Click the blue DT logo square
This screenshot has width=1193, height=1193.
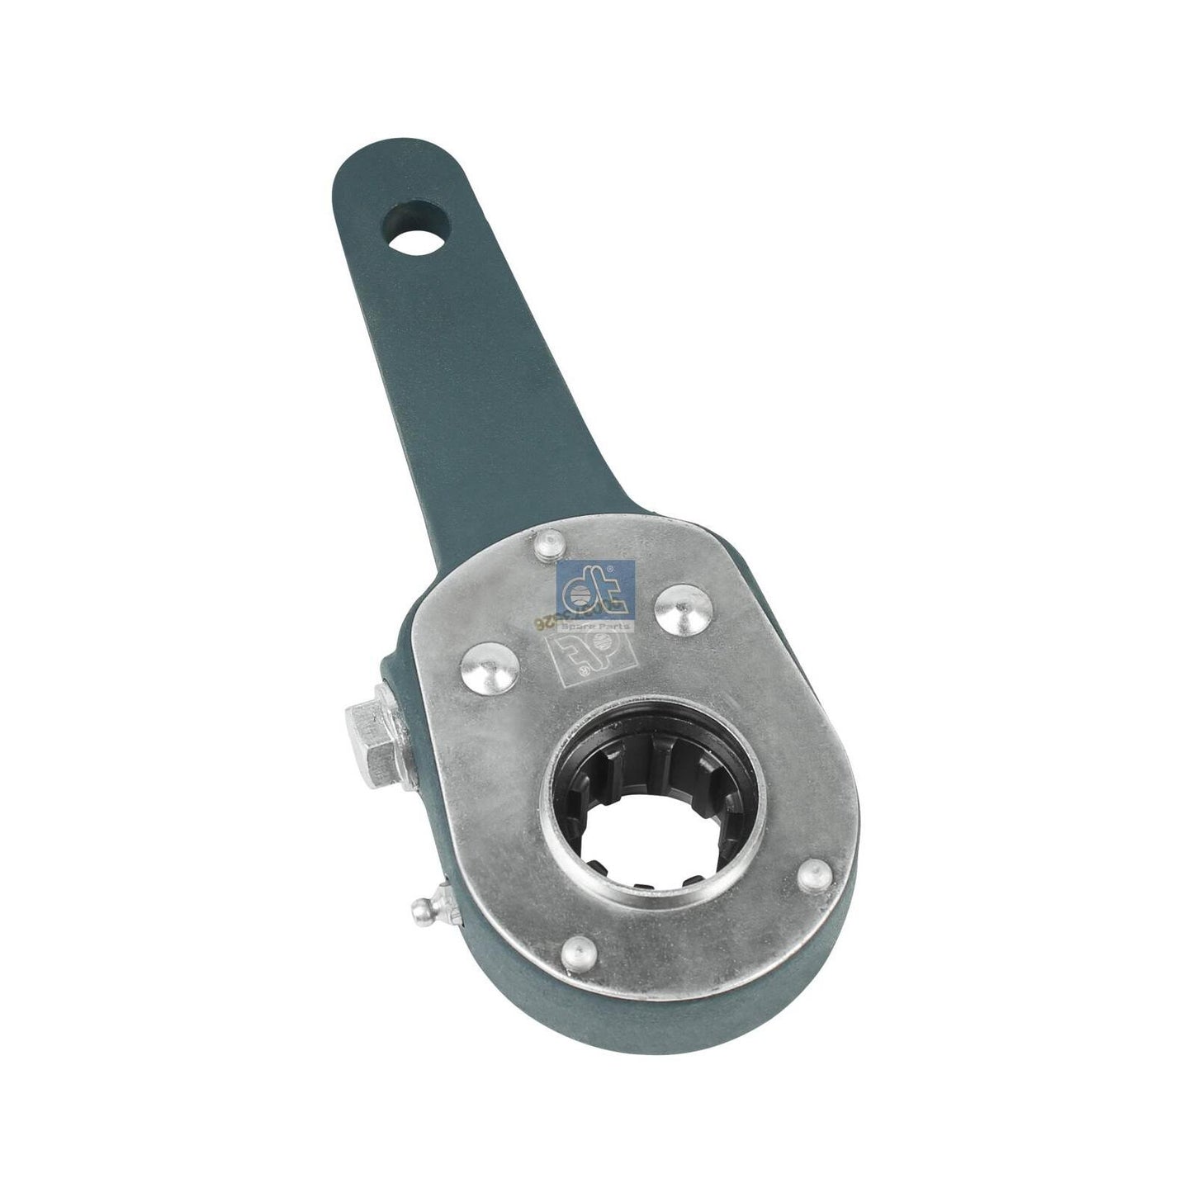coord(594,590)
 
